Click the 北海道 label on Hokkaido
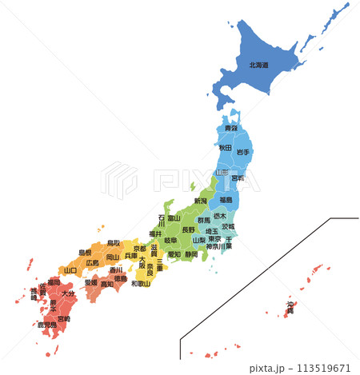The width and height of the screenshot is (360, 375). pos(258,66)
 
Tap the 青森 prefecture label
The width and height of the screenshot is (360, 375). pos(230,128)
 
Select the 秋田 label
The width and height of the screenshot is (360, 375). pos(226,148)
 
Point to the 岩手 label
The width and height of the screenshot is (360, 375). pos(242,151)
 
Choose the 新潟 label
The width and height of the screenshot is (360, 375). pos(200,201)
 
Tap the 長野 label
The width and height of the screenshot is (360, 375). pos(188,229)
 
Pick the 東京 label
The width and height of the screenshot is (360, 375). pos(214,238)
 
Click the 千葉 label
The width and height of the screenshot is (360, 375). pos(229,242)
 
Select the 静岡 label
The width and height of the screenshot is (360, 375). pos(190,254)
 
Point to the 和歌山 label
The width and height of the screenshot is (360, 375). pos(141,283)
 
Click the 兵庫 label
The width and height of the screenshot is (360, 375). pos(131,255)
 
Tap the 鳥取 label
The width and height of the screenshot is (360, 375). pos(114,242)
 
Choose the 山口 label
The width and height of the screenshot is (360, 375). pos(70,270)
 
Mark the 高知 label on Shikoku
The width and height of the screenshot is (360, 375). pos(107,284)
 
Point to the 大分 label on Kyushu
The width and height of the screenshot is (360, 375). pos(67,294)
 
